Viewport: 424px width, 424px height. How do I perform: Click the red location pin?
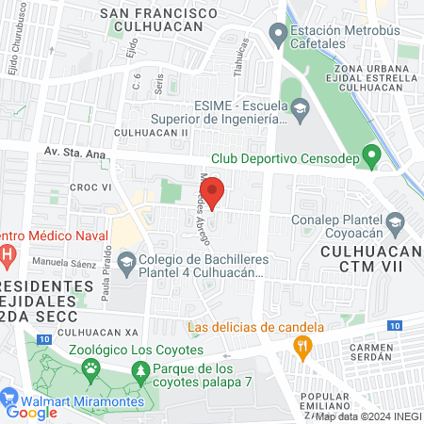coord(214,192)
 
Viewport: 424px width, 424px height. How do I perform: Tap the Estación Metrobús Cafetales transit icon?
coord(277,37)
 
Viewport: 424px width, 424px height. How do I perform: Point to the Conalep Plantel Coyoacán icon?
coord(396,223)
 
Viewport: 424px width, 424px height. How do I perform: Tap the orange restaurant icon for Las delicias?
coord(302,348)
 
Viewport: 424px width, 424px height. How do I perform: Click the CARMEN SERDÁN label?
coord(375,353)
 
